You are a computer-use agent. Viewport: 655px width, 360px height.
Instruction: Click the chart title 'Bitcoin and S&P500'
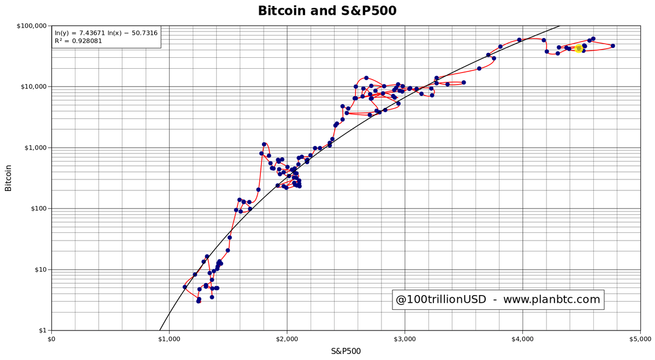click(x=327, y=11)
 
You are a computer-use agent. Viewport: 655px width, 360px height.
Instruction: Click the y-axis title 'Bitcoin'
click(x=8, y=178)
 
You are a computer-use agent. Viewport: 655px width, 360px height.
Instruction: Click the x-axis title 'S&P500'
click(x=346, y=351)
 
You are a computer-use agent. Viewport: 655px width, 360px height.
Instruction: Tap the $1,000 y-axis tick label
click(x=35, y=148)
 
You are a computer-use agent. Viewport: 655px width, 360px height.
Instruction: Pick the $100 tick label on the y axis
click(x=38, y=209)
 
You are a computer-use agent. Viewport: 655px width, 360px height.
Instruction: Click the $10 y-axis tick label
click(x=40, y=270)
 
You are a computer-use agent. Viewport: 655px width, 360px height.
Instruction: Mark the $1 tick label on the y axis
click(x=42, y=331)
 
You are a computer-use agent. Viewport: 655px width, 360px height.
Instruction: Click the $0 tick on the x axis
click(x=52, y=339)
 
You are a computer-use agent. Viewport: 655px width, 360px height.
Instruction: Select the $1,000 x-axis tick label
click(x=169, y=339)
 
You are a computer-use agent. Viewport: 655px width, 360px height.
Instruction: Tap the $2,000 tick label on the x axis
click(x=287, y=339)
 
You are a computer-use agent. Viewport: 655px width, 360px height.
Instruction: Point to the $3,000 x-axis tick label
click(x=404, y=339)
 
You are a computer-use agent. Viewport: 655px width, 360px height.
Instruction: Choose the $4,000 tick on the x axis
click(x=522, y=339)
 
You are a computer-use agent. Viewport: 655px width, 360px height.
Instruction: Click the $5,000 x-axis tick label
click(x=640, y=339)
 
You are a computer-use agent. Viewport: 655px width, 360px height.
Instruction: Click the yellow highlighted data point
click(x=579, y=49)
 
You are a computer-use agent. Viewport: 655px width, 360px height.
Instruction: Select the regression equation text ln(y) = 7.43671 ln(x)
click(x=106, y=33)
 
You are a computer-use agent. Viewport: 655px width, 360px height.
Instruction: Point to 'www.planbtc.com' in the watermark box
click(x=551, y=299)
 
